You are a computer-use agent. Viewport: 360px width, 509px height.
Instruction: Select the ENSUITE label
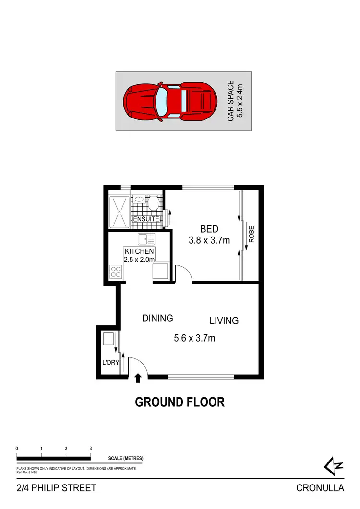[146, 219]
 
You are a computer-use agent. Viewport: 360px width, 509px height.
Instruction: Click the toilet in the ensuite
[154, 203]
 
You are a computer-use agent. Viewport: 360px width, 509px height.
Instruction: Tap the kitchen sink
[145, 238]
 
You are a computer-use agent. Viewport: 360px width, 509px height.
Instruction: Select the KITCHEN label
[139, 251]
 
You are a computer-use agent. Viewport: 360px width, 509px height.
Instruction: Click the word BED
[209, 230]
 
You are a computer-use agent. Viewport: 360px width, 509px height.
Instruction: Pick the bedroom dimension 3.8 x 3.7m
[209, 240]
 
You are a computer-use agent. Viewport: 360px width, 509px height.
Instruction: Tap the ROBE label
[251, 235]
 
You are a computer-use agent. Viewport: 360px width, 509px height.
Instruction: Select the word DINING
[157, 318]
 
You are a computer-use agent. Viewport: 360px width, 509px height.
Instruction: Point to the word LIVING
[224, 320]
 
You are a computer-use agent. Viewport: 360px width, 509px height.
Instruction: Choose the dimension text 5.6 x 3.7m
[194, 338]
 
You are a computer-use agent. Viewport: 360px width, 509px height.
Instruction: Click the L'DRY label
[110, 362]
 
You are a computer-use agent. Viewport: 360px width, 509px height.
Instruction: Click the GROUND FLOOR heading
[180, 402]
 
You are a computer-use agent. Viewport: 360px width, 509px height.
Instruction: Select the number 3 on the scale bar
[91, 448]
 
